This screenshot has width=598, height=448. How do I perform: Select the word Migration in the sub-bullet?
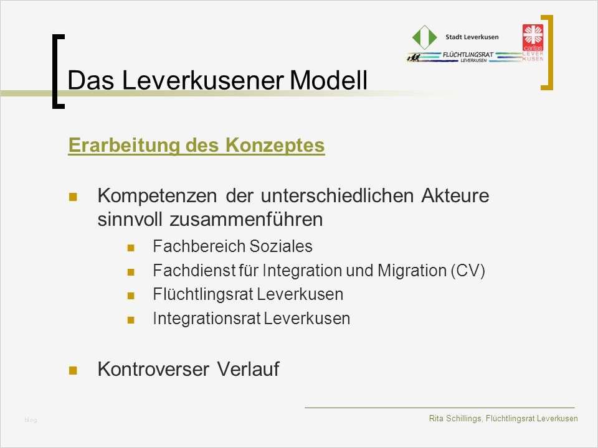click(x=408, y=271)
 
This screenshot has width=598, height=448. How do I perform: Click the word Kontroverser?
click(x=153, y=369)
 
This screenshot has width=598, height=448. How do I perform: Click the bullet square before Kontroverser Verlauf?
click(x=73, y=370)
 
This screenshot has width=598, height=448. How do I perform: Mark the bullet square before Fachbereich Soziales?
click(x=131, y=248)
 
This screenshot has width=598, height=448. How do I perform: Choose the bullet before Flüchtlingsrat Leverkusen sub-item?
click(x=131, y=296)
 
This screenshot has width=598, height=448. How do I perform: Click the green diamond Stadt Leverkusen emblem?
click(x=425, y=37)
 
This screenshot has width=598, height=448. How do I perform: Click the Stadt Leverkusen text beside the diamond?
click(x=472, y=37)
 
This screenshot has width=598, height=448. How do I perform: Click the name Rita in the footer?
click(x=437, y=418)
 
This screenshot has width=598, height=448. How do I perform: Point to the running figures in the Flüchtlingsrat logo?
click(x=414, y=57)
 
